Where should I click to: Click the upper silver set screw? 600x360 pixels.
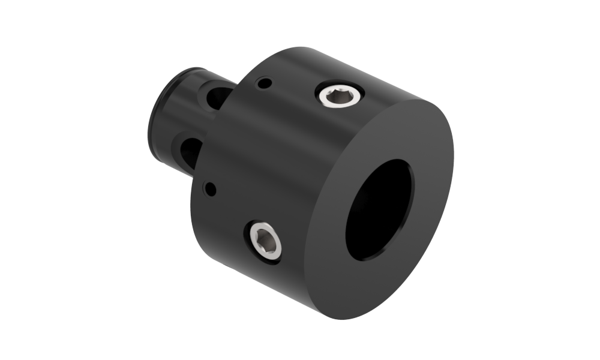[x=340, y=94]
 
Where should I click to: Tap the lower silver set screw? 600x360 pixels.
[x=264, y=240]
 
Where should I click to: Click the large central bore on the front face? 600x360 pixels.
[x=380, y=210]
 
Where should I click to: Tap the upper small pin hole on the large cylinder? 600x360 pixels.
[x=262, y=84]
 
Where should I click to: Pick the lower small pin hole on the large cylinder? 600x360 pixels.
[x=209, y=189]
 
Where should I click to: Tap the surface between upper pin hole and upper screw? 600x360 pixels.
[x=294, y=90]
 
